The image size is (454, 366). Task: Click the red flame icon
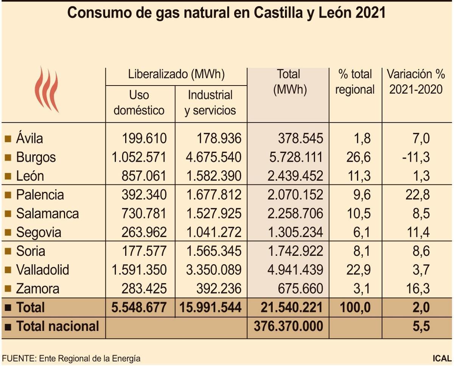(47, 89)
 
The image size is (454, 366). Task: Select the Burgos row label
(36, 157)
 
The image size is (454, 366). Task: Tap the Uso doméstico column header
(139, 103)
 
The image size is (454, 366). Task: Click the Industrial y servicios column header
(210, 103)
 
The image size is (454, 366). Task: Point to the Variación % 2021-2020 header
(416, 82)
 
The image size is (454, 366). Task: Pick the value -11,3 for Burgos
(416, 157)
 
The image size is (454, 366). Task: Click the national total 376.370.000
(292, 326)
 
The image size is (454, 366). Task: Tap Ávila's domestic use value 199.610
(144, 139)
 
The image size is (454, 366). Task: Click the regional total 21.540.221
(292, 307)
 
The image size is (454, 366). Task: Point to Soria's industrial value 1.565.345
(214, 251)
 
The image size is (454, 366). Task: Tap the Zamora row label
(37, 289)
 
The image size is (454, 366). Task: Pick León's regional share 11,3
(359, 176)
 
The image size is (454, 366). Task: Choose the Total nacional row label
(57, 326)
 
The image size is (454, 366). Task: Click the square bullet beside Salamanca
(8, 214)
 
